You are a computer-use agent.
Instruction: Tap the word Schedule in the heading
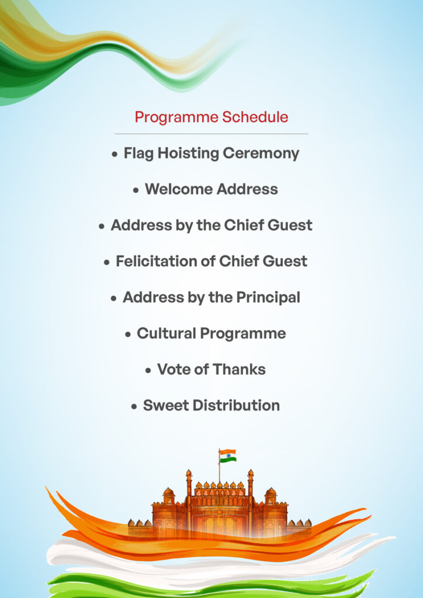tap(255, 117)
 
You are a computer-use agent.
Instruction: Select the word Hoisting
tap(188, 154)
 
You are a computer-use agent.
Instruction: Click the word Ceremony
tap(261, 154)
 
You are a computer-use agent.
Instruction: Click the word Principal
tap(268, 298)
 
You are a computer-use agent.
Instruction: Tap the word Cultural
tap(167, 333)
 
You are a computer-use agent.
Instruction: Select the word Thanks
tap(239, 369)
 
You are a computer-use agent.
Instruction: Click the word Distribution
tap(236, 405)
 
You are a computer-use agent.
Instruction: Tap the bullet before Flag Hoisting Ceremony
tap(115, 155)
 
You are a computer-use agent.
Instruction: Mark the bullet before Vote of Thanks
tap(148, 370)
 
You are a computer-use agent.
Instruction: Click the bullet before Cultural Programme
tap(128, 335)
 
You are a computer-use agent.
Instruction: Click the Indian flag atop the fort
tap(228, 456)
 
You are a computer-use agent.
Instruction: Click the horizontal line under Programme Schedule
tap(211, 134)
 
